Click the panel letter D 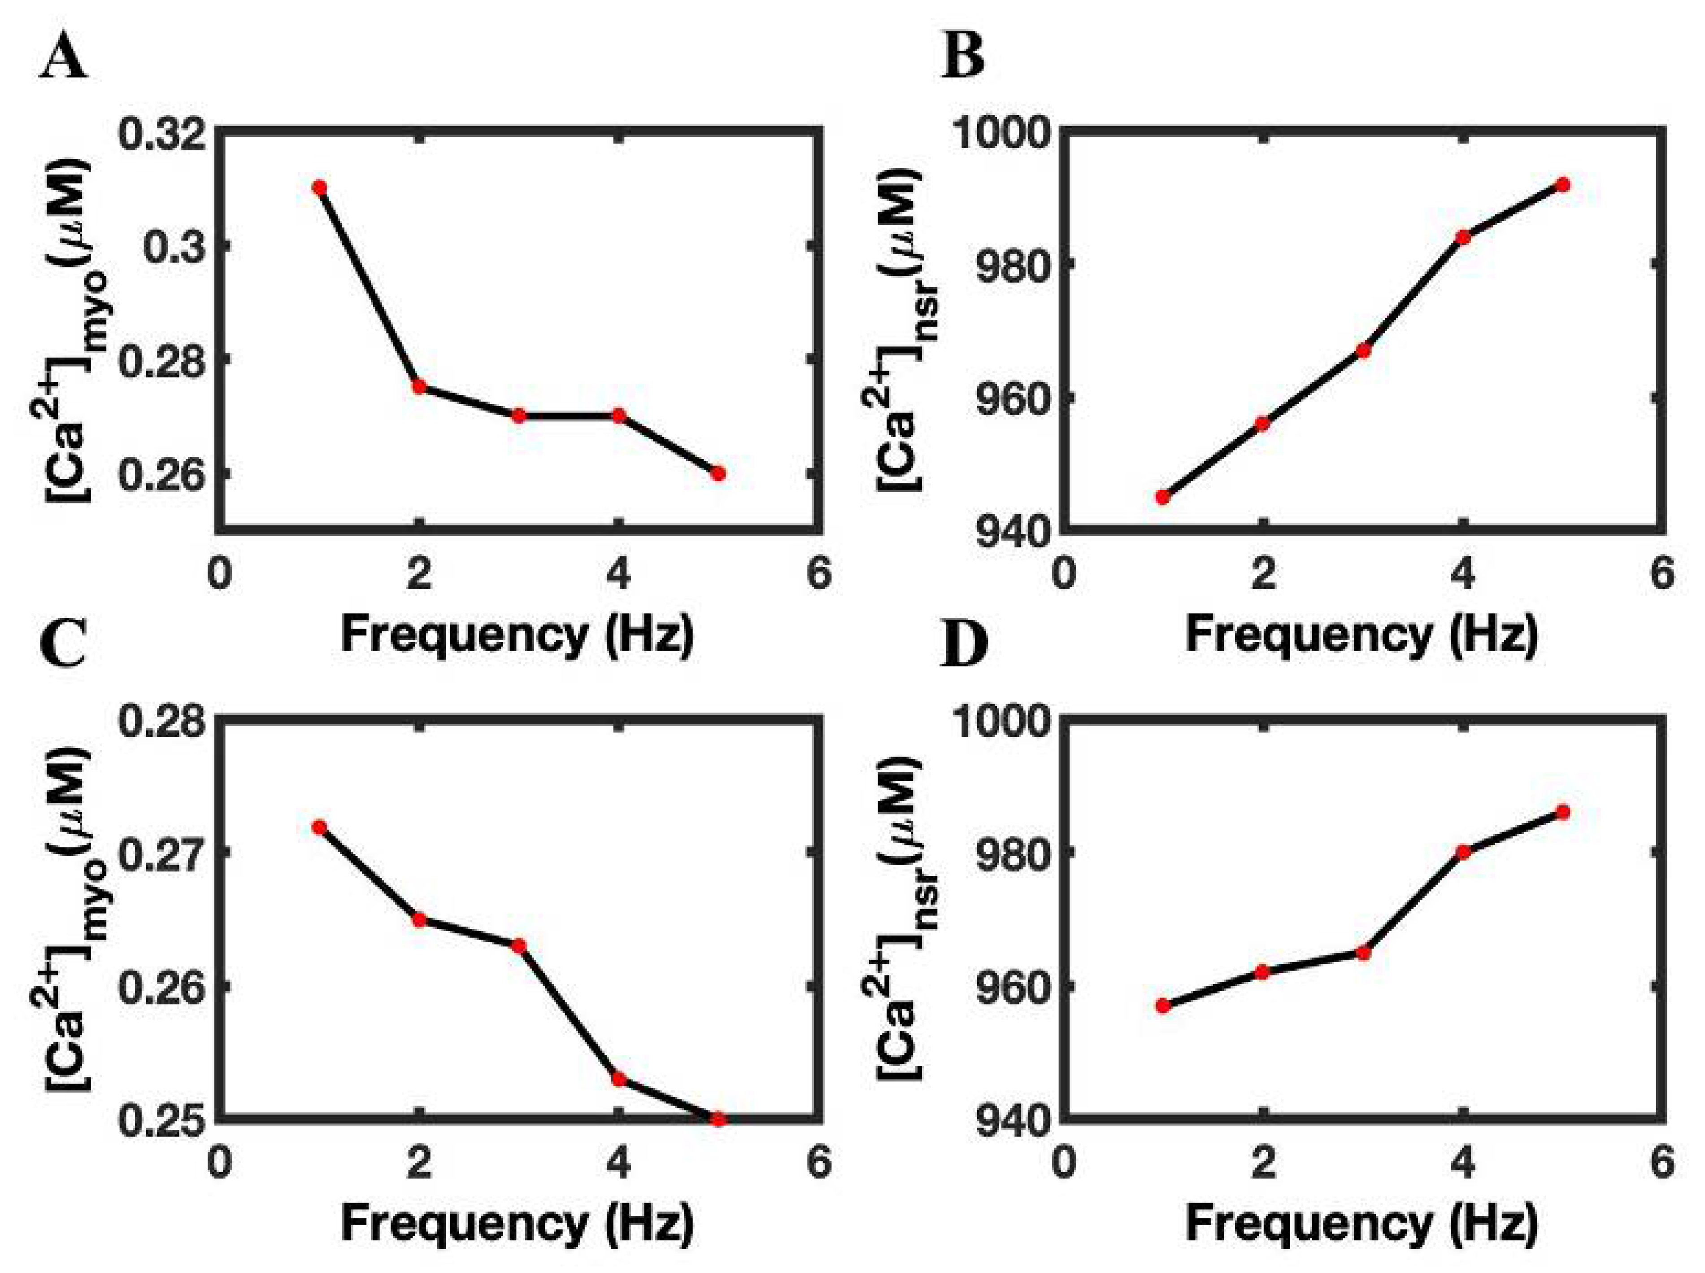(963, 646)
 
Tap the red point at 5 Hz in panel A (718, 473)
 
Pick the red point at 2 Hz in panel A (419, 387)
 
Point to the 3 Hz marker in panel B (1363, 350)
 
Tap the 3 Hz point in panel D (1363, 953)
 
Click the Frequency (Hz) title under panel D (1361, 1223)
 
